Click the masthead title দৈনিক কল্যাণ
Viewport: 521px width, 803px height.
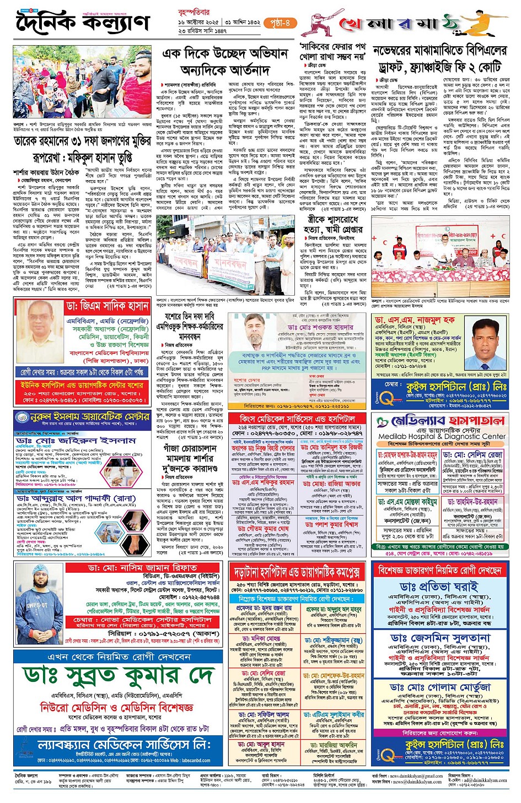click(x=83, y=23)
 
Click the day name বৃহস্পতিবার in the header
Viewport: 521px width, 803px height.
click(x=194, y=10)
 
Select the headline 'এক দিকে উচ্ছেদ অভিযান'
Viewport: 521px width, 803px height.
click(x=225, y=53)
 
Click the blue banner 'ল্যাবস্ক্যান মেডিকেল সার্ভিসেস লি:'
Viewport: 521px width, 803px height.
click(x=123, y=745)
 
